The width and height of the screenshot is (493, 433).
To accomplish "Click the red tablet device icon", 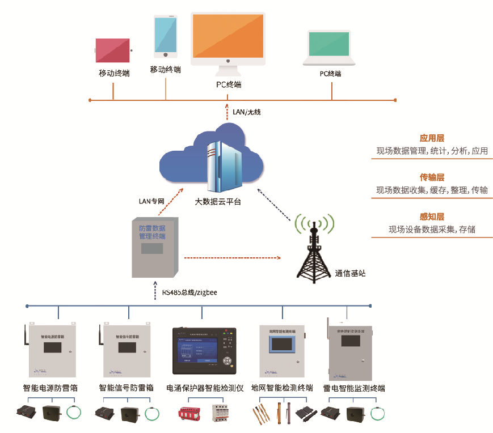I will click(113, 51).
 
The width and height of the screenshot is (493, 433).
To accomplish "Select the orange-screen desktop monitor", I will click(228, 36).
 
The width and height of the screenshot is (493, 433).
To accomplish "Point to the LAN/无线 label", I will click(246, 112).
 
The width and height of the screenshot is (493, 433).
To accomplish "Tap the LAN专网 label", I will click(151, 201).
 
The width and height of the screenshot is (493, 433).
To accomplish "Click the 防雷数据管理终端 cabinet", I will click(155, 247).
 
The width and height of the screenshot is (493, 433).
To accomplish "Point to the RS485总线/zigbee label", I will click(190, 292).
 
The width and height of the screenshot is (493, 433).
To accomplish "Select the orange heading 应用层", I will click(432, 138).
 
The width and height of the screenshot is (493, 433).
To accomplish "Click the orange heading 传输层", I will click(432, 177).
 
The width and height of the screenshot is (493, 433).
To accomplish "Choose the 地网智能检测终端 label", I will click(282, 389).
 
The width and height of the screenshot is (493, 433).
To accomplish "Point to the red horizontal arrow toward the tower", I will click(233, 258).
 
